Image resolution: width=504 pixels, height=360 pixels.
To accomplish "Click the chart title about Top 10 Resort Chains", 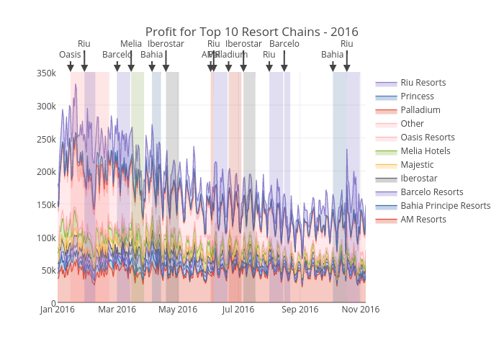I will [251, 32].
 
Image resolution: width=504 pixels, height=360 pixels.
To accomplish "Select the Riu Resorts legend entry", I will [423, 83].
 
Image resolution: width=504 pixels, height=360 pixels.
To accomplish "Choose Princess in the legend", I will [417, 96].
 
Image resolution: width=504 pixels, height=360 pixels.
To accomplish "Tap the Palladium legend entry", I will [420, 110].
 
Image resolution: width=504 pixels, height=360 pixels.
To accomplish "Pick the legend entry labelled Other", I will [412, 124].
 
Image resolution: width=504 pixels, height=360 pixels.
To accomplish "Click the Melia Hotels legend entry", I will [425, 151].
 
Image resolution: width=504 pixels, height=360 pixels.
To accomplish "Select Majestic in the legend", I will [417, 165].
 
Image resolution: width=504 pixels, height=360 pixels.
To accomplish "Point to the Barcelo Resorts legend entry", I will [431, 192].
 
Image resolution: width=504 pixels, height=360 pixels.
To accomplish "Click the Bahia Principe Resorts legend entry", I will [445, 206].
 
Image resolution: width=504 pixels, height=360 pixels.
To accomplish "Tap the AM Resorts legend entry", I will [423, 220].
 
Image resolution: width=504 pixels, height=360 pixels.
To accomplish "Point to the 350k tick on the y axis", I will [46, 73].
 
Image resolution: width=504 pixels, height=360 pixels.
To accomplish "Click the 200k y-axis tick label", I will [46, 172].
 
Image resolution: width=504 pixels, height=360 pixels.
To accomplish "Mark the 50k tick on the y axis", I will [48, 271].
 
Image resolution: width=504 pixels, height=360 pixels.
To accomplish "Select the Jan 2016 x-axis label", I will [57, 310].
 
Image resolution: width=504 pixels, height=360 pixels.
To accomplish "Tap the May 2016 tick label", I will [178, 310].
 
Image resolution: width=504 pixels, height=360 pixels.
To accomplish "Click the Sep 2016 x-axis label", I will [300, 310].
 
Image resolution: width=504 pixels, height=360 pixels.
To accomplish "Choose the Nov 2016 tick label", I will [360, 310].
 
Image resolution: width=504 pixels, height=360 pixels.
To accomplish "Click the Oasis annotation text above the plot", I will [70, 55].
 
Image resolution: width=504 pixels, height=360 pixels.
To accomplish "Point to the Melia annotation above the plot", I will [130, 44].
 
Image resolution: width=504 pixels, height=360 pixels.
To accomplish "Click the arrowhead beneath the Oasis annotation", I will [71, 68].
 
